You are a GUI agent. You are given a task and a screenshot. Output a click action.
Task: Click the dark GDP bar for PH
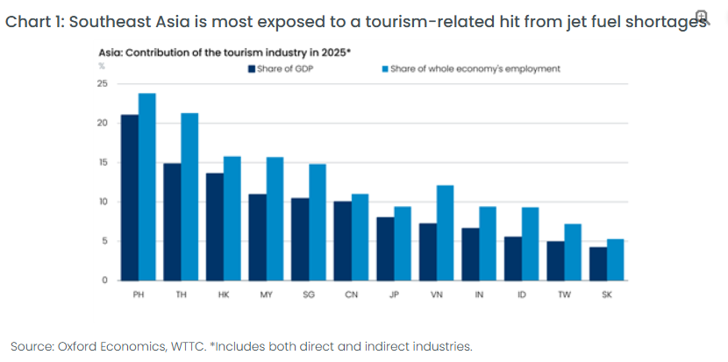point(130,197)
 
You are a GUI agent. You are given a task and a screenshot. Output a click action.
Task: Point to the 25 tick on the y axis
point(103,84)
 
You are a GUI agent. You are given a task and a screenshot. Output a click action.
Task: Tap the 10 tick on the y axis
point(103,202)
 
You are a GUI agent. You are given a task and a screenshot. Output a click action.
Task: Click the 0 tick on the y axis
point(105,280)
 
